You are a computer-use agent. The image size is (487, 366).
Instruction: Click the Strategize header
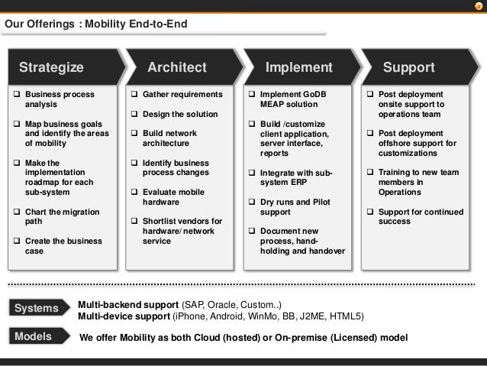coord(51,67)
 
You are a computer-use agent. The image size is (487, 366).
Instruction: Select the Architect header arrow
coord(177,67)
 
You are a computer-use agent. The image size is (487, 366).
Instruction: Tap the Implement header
coord(298,67)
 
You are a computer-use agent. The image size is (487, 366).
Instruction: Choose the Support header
coord(408,67)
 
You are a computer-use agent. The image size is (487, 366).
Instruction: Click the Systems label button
coord(37,308)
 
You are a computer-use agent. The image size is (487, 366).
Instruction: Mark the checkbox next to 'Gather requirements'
coord(134,95)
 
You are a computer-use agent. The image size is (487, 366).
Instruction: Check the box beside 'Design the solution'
coord(134,114)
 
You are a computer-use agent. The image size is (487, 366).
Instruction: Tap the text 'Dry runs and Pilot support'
coord(294,206)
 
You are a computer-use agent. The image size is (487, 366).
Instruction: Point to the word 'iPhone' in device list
coord(191,316)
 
